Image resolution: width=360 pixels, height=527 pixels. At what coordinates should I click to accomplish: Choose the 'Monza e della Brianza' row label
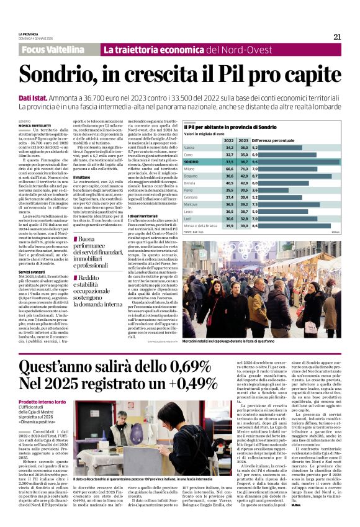click(x=204, y=225)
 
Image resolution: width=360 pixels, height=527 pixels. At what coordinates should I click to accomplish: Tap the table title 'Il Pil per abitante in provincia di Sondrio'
click(x=231, y=127)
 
